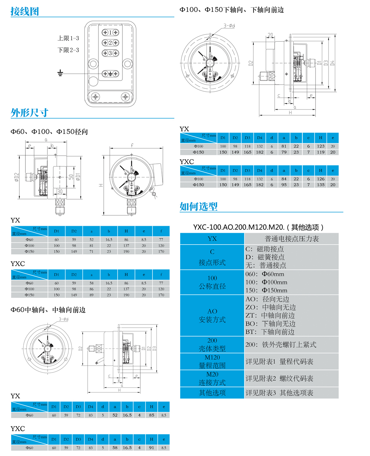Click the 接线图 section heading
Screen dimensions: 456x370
pyautogui.click(x=25, y=11)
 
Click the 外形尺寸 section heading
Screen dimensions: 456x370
pyautogui.click(x=30, y=113)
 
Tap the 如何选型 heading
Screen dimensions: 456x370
pyautogui.click(x=198, y=207)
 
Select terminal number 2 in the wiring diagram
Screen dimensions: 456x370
pyautogui.click(x=110, y=43)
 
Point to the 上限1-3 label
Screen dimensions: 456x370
pyautogui.click(x=68, y=38)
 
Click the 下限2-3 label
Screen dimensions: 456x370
pyautogui.click(x=68, y=50)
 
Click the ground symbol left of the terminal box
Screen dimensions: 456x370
pyautogui.click(x=60, y=73)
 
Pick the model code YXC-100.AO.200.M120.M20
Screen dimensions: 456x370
pyautogui.click(x=239, y=227)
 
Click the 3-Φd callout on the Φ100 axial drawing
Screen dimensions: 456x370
pyautogui.click(x=229, y=26)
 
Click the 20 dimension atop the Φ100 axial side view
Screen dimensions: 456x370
pyautogui.click(x=270, y=35)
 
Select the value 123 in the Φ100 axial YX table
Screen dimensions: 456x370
pyautogui.click(x=320, y=146)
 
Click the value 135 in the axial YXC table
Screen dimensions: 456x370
pyautogui.click(x=320, y=185)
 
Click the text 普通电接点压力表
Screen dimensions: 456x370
pyautogui.click(x=292, y=239)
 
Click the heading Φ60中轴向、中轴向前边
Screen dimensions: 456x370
pyautogui.click(x=48, y=310)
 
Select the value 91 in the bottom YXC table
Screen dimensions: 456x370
pyautogui.click(x=151, y=448)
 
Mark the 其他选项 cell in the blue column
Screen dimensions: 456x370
pyautogui.click(x=212, y=393)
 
